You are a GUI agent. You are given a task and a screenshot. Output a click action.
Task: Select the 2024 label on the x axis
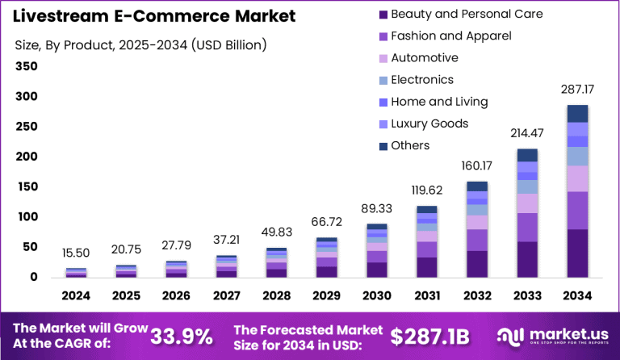(x=76, y=296)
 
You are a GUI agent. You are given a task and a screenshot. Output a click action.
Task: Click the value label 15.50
(x=76, y=255)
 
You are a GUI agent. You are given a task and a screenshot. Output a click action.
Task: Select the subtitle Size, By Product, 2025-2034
(x=140, y=44)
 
